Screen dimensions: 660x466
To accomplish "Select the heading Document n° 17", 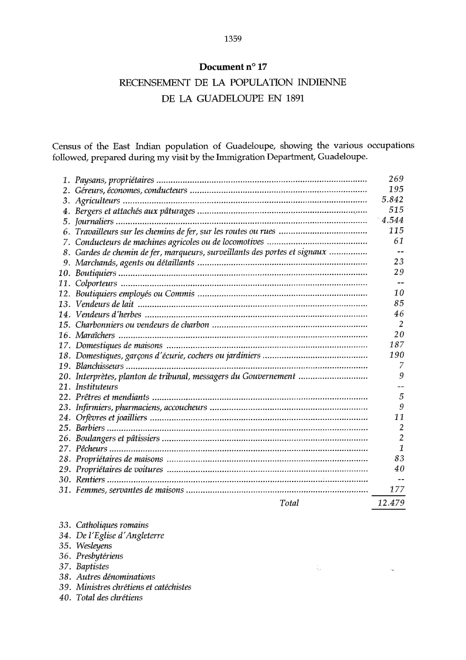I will click(233, 67).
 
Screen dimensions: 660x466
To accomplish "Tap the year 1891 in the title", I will click(295, 99).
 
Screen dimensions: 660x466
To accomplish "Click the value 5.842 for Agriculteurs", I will click(392, 199).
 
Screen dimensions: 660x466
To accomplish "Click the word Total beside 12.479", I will click(289, 503).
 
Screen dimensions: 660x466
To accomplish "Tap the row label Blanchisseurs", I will click(100, 366).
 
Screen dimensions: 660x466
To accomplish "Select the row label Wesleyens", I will click(94, 546).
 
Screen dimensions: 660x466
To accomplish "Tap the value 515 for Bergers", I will click(396, 210).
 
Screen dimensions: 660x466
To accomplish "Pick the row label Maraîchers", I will click(95, 335).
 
